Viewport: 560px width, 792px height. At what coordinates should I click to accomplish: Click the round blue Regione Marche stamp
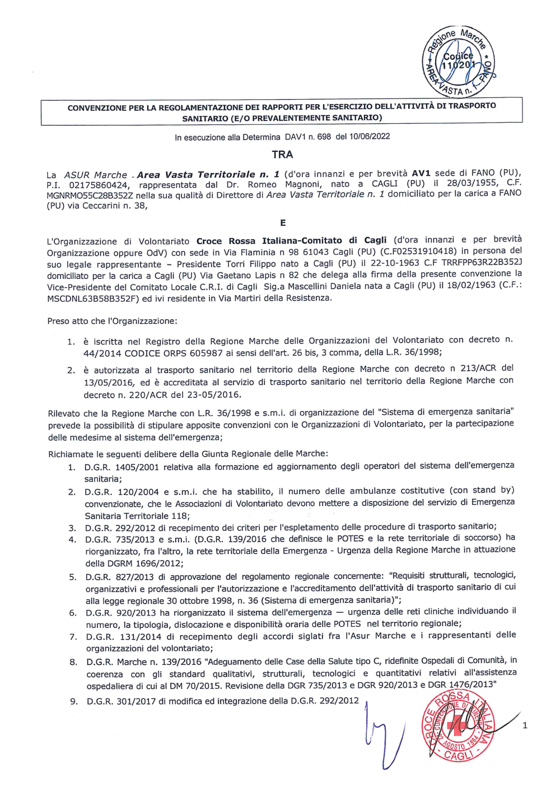point(458,62)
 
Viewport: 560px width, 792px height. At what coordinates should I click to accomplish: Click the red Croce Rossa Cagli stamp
point(458,726)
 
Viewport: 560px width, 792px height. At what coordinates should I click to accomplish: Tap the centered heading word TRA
point(282,155)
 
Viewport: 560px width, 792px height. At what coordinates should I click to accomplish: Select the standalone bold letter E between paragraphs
point(283,223)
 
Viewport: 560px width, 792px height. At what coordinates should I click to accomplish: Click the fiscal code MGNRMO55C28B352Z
point(90,195)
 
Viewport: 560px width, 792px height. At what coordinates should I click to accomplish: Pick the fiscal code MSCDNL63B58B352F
point(92,299)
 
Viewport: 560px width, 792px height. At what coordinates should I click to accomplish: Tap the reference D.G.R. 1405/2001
point(122,467)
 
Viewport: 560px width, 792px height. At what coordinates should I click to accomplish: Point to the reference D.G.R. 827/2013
point(121,577)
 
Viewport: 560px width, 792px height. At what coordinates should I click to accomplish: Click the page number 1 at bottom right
point(525,726)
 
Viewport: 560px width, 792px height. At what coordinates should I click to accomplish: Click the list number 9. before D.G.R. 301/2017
point(74,702)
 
